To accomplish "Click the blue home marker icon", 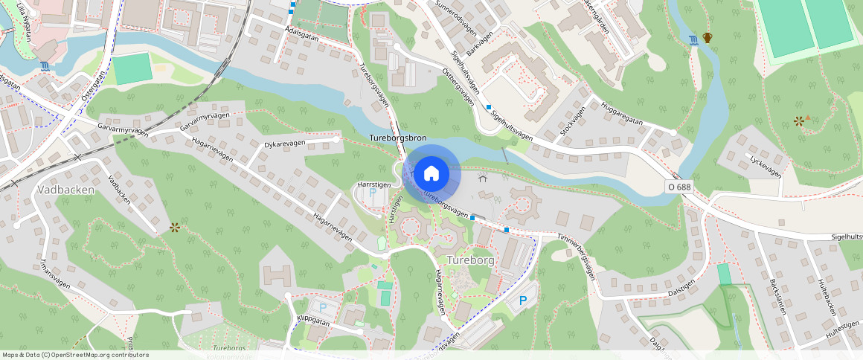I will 431,173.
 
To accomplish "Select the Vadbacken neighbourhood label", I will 65,190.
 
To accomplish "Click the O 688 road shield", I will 679,187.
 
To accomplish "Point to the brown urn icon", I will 707,38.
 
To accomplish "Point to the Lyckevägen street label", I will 766,166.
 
